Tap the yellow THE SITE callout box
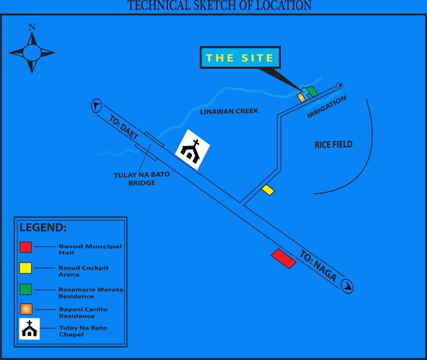pos(240,58)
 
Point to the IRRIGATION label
pos(327,107)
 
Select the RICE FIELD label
pos(334,145)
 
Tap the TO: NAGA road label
pos(318,266)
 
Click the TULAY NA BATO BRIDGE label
pos(141,178)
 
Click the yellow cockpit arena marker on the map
pos(268,190)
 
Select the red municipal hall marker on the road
pos(283,258)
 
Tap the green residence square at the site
pos(312,91)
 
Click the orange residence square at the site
pos(301,97)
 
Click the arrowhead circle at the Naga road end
pos(348,285)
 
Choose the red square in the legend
pos(26,247)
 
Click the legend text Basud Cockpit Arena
pos(83,271)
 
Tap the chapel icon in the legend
pos(30,329)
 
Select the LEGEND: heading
pos(43,227)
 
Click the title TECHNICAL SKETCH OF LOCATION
pos(219,6)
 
